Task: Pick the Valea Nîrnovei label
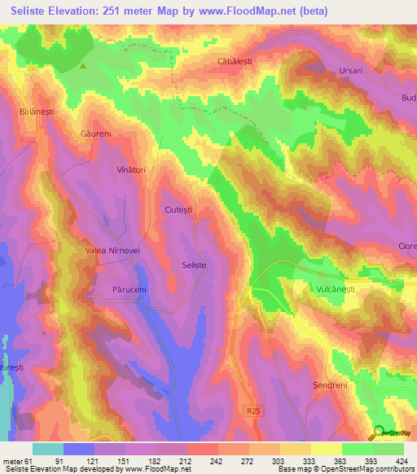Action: [113, 251]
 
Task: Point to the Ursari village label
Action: [354, 72]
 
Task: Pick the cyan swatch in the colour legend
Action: [48, 449]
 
